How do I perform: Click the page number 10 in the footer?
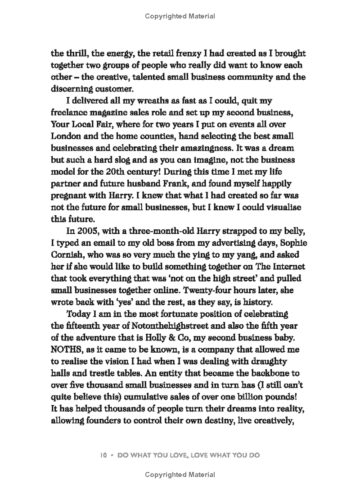point(103,455)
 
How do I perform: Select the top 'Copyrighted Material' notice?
point(180,16)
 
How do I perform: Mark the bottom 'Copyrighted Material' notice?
point(180,474)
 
